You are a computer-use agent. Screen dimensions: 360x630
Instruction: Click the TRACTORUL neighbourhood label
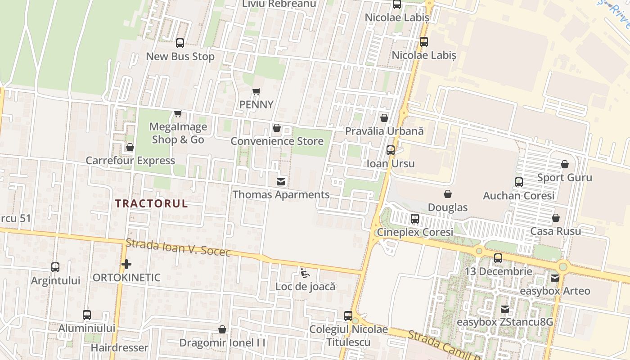pyautogui.click(x=151, y=203)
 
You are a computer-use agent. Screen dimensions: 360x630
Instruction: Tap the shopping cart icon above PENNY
pyautogui.click(x=256, y=92)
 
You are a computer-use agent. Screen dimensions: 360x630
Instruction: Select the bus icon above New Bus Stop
pyautogui.click(x=180, y=43)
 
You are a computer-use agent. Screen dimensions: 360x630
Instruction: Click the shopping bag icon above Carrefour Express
pyautogui.click(x=130, y=147)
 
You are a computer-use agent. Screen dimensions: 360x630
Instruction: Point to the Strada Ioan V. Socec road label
pyautogui.click(x=178, y=247)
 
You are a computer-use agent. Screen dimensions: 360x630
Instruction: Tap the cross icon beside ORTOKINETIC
pyautogui.click(x=126, y=264)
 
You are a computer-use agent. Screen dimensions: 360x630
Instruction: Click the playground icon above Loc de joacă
pyautogui.click(x=305, y=273)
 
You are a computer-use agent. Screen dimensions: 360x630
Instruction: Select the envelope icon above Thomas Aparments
pyautogui.click(x=281, y=181)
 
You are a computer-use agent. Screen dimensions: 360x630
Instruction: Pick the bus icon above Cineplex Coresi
pyautogui.click(x=415, y=219)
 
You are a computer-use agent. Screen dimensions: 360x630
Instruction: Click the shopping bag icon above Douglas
pyautogui.click(x=448, y=194)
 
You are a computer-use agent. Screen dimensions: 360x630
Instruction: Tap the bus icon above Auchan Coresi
pyautogui.click(x=519, y=182)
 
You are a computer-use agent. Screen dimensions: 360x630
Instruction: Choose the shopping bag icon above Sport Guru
pyautogui.click(x=565, y=164)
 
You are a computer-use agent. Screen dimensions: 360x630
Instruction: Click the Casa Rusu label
pyautogui.click(x=555, y=231)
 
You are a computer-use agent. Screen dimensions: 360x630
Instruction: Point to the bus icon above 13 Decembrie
pyautogui.click(x=498, y=258)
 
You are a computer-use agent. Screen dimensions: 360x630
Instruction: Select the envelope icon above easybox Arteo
pyautogui.click(x=555, y=278)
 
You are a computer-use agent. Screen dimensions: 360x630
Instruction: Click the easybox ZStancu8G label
pyautogui.click(x=504, y=322)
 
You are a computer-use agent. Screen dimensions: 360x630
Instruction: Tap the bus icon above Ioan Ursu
pyautogui.click(x=391, y=150)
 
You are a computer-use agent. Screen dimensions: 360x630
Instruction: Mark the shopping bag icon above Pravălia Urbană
pyautogui.click(x=384, y=118)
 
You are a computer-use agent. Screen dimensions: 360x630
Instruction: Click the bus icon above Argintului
pyautogui.click(x=55, y=267)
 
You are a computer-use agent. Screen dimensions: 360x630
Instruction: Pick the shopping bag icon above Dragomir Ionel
pyautogui.click(x=222, y=329)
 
